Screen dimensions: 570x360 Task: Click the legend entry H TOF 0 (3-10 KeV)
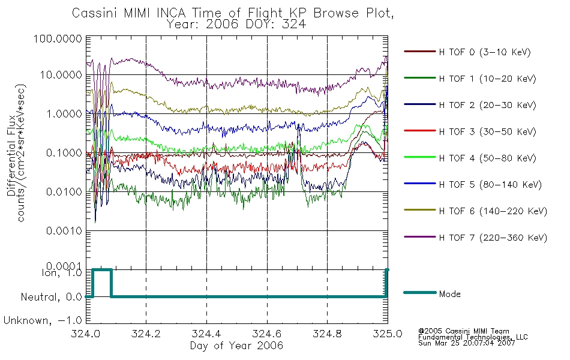[x=485, y=52]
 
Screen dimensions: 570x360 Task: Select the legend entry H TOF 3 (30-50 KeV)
[x=487, y=131]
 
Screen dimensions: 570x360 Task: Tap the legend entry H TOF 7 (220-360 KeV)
[x=493, y=238]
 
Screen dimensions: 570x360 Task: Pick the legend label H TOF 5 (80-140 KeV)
[x=490, y=185]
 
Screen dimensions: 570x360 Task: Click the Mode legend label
[x=449, y=294]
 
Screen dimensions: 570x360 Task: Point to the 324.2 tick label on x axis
[x=146, y=334]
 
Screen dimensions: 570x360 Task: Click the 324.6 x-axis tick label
[x=267, y=334]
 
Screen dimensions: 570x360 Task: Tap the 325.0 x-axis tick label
[x=388, y=334]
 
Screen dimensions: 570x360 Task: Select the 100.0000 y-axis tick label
[x=58, y=38]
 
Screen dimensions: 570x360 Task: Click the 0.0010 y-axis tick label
[x=64, y=231]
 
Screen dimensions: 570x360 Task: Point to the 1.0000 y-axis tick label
[x=64, y=114]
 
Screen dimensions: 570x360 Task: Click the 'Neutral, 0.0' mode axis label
[x=51, y=298]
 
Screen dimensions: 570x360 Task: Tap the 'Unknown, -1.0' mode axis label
[x=43, y=320]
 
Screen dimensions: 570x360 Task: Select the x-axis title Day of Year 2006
[x=236, y=346]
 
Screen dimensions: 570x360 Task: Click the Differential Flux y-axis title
[x=11, y=155]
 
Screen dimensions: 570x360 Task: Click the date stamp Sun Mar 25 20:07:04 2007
[x=466, y=343]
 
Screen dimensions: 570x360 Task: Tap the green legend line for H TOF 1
[x=420, y=78]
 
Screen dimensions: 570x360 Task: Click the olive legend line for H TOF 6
[x=420, y=210]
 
